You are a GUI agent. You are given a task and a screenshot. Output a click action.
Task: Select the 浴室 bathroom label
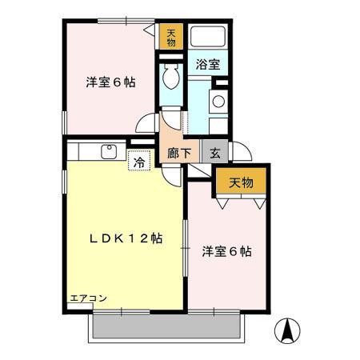[208, 65]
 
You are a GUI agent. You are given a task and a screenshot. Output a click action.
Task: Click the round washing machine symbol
[218, 102]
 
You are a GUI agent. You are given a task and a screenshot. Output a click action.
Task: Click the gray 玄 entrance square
[214, 153]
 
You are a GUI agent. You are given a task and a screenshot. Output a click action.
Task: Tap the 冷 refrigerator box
[139, 161]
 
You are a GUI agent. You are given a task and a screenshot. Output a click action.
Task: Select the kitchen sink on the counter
[108, 151]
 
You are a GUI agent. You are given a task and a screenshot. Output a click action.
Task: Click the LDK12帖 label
[126, 238]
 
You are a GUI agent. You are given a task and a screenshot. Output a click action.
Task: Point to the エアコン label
[87, 298]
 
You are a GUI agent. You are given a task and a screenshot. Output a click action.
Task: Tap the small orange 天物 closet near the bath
[171, 36]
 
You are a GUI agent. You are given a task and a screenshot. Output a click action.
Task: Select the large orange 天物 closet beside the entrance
[241, 182]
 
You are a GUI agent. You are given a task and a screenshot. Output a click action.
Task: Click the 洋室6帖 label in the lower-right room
[226, 251]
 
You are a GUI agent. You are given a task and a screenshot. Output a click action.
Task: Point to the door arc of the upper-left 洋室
[147, 124]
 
